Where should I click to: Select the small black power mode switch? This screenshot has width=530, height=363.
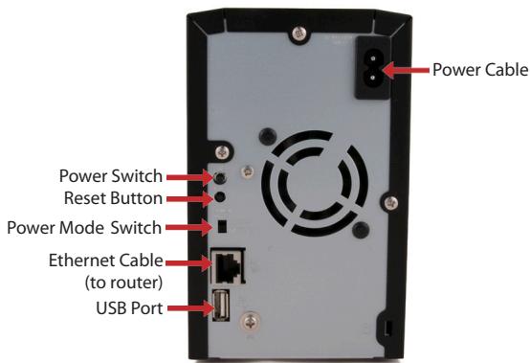(222, 227)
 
